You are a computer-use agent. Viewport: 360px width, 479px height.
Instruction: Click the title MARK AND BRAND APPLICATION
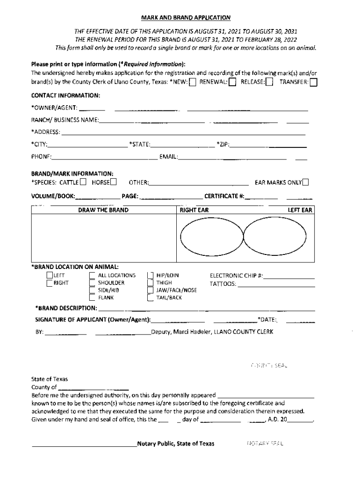click(x=186, y=18)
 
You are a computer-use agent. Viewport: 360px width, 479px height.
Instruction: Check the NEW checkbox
click(x=192, y=82)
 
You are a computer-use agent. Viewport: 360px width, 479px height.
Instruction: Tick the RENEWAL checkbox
click(x=232, y=82)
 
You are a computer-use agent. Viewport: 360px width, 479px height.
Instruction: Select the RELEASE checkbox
click(x=269, y=82)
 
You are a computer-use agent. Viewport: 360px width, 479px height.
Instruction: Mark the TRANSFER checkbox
click(x=313, y=82)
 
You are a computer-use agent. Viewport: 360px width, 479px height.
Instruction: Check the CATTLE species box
click(x=83, y=182)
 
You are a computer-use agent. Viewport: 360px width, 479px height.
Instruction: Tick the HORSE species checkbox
click(x=113, y=182)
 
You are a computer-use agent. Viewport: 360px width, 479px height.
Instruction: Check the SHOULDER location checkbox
click(x=92, y=283)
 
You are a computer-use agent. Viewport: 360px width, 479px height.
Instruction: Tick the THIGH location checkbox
click(x=150, y=283)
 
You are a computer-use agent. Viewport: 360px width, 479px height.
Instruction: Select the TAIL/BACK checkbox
click(x=150, y=297)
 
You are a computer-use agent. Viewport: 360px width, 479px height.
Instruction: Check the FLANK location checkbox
click(x=92, y=297)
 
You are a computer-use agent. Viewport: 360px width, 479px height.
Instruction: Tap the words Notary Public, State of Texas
click(x=175, y=443)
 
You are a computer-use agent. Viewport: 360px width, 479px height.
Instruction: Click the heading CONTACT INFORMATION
click(x=65, y=95)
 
